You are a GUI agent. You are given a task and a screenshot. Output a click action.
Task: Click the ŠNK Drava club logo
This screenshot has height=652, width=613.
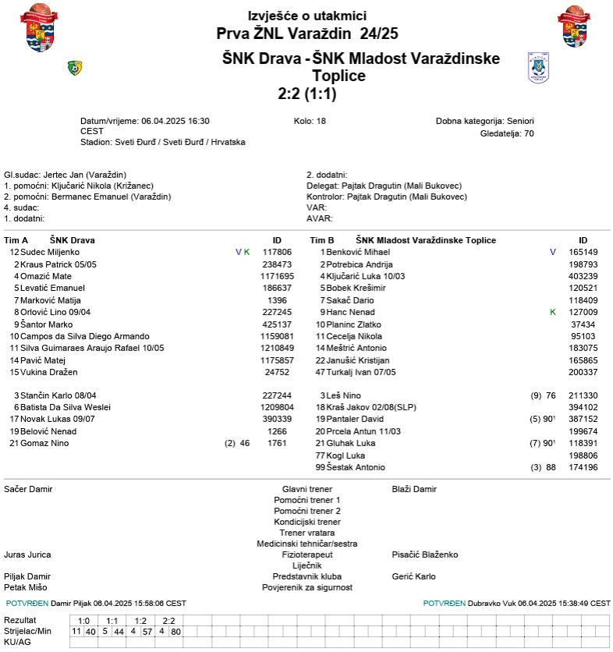tap(75, 68)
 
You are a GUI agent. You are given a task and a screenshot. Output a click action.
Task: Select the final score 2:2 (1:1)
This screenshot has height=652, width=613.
tap(306, 94)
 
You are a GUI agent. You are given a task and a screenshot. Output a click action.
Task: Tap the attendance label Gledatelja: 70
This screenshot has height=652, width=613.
tap(507, 133)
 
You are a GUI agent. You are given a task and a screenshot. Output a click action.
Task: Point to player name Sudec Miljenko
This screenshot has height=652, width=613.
tap(50, 252)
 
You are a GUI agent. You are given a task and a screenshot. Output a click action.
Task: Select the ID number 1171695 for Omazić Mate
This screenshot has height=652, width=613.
tap(277, 276)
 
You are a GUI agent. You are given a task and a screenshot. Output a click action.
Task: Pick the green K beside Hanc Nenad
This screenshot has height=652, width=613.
tap(553, 312)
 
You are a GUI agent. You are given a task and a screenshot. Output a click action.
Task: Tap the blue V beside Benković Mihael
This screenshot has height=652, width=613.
tap(553, 252)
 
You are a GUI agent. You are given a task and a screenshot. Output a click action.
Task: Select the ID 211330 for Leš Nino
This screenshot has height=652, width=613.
tap(583, 395)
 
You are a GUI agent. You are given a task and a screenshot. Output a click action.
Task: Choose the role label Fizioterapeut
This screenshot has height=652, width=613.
tap(306, 555)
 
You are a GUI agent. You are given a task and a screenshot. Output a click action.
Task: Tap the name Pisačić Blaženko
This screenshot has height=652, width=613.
tap(424, 555)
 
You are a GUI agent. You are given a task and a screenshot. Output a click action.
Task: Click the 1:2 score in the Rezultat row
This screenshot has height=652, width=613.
tap(140, 620)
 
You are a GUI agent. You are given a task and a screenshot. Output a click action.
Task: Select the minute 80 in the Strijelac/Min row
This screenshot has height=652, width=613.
tap(175, 631)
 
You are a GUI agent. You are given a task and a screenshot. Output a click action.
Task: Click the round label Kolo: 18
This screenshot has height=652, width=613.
tap(310, 121)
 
